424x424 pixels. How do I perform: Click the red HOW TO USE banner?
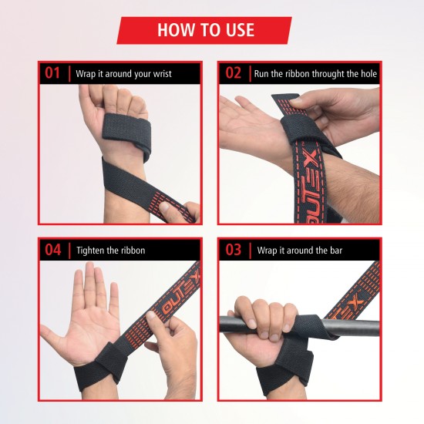point(204,30)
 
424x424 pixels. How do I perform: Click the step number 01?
point(53,74)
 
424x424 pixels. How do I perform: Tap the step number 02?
point(234,74)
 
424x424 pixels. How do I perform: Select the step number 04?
point(53,250)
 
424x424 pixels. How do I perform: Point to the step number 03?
point(234,250)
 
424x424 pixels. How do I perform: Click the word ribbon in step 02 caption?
point(294,75)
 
